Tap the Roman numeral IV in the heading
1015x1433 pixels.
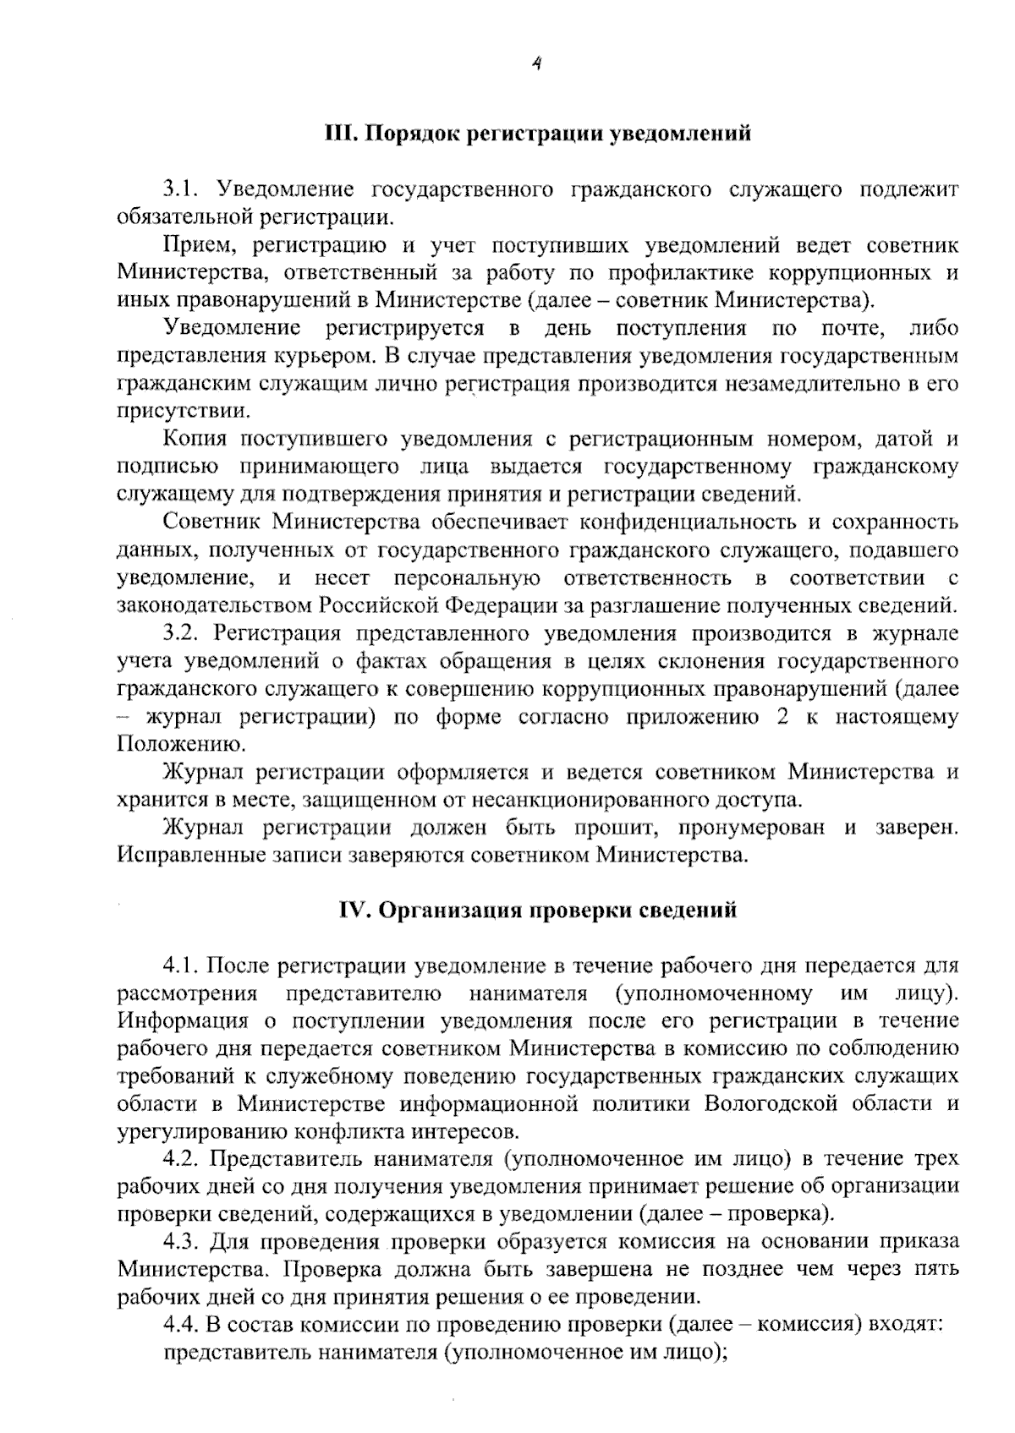[354, 910]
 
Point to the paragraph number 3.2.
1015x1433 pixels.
[183, 633]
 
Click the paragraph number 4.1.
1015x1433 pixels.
[183, 965]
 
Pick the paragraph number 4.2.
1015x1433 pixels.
[183, 1158]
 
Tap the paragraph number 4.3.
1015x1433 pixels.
[183, 1241]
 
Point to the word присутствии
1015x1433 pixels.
[184, 411]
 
